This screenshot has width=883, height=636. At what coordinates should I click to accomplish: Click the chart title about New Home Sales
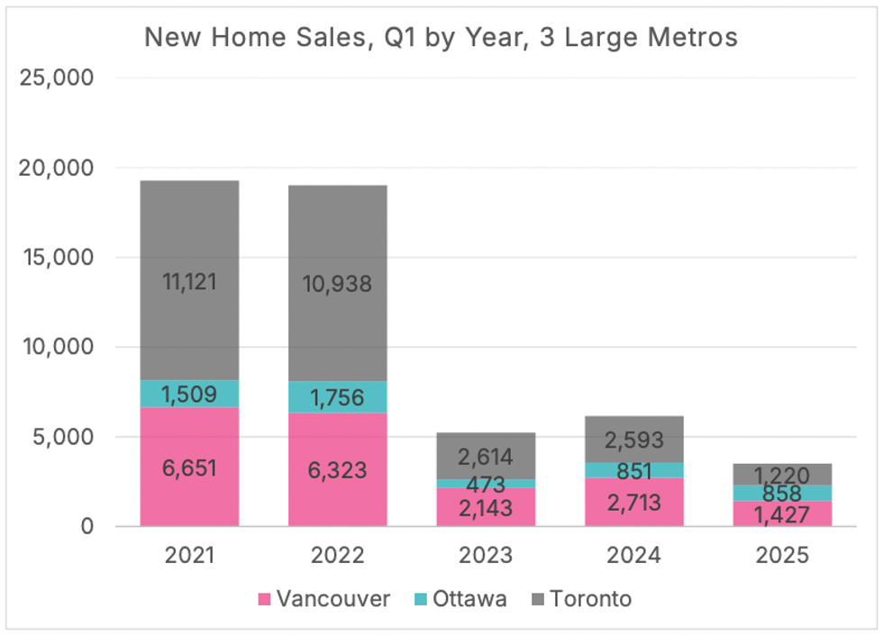[x=441, y=37]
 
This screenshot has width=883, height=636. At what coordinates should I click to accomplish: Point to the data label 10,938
[x=338, y=284]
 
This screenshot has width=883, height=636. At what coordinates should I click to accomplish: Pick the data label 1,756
[x=338, y=398]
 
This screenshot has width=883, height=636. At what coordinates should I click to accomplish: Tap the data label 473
[x=487, y=485]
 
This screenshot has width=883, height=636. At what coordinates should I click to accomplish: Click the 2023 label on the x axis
[x=487, y=555]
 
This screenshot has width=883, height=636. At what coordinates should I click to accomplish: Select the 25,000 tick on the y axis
[x=56, y=77]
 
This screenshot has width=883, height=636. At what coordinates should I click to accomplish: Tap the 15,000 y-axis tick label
[x=56, y=257]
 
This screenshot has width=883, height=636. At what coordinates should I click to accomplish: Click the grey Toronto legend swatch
[x=536, y=599]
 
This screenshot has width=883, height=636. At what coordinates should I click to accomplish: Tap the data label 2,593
[x=634, y=441]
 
